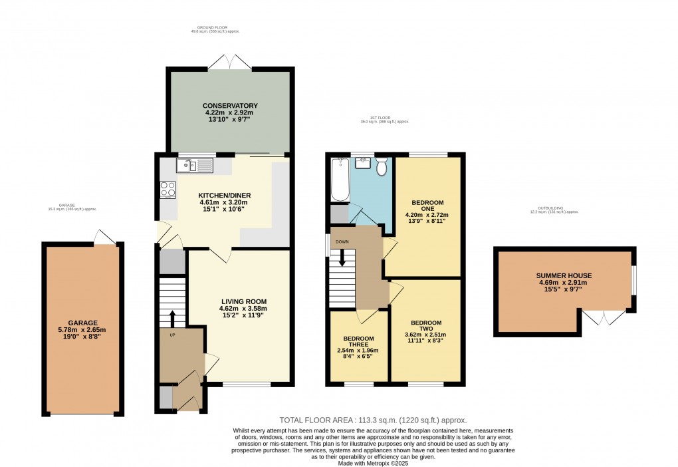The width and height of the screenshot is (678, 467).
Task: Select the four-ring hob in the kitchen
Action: (168, 190)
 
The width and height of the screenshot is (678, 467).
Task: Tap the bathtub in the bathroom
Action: (338, 180)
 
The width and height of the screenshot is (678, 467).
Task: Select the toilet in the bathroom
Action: (382, 167)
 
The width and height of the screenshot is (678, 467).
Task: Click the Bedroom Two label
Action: (425, 331)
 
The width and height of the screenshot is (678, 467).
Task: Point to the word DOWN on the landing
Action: (342, 241)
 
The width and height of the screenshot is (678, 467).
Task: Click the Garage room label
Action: (82, 329)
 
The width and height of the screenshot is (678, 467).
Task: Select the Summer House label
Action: (564, 283)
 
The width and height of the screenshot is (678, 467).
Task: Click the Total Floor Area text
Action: (372, 420)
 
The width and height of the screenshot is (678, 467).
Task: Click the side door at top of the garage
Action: (103, 237)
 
